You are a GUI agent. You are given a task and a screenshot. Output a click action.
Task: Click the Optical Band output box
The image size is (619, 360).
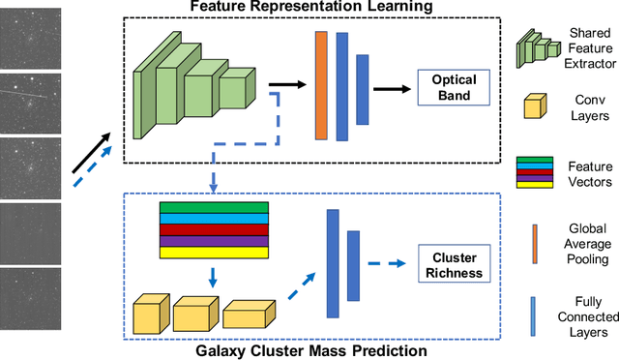tap(450, 87)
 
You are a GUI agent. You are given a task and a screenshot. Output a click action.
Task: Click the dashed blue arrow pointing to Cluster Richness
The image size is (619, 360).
tap(391, 260)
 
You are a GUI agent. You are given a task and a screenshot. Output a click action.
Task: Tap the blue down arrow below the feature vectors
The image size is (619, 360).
tap(212, 279)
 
